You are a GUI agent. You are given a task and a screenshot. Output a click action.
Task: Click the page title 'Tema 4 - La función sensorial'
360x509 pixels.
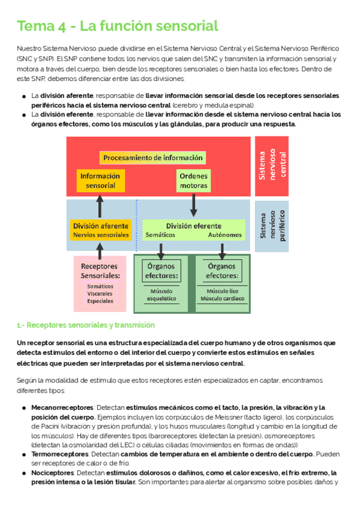118,26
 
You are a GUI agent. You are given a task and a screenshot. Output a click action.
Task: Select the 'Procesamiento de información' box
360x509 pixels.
152,157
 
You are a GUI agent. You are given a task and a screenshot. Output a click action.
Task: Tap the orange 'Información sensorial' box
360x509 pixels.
100,181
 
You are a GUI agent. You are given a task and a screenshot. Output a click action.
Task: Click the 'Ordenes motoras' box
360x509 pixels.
193,181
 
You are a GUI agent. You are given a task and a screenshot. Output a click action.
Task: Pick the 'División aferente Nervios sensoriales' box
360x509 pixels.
100,230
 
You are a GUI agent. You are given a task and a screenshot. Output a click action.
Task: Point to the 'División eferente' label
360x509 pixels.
193,226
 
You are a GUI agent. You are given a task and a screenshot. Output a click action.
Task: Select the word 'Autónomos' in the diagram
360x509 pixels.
225,235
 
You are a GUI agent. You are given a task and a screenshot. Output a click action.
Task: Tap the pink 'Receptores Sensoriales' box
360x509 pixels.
100,283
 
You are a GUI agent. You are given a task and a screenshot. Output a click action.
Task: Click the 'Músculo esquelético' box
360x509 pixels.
161,294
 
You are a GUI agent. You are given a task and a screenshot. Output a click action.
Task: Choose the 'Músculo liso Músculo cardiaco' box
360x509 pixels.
222,294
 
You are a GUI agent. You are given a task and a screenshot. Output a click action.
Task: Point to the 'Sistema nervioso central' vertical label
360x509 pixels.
272,166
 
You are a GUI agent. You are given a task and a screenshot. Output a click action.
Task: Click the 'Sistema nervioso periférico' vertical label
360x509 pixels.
272,226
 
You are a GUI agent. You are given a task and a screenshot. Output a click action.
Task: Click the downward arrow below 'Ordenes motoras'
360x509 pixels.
193,205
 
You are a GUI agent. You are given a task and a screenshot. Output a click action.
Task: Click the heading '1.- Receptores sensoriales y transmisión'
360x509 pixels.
86,325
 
